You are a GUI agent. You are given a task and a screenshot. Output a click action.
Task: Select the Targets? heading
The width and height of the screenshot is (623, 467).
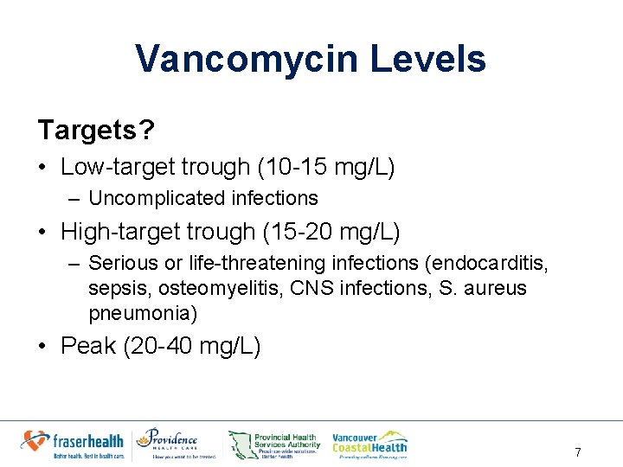96,130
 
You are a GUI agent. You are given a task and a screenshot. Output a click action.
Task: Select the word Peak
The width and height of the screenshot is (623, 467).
88,346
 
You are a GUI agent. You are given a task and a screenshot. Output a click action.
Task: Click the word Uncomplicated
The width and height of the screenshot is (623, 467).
145,198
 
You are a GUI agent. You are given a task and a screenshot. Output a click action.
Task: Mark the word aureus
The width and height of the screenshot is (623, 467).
495,287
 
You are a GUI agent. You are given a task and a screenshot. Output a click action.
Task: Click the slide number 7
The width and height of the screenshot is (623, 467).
577,452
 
